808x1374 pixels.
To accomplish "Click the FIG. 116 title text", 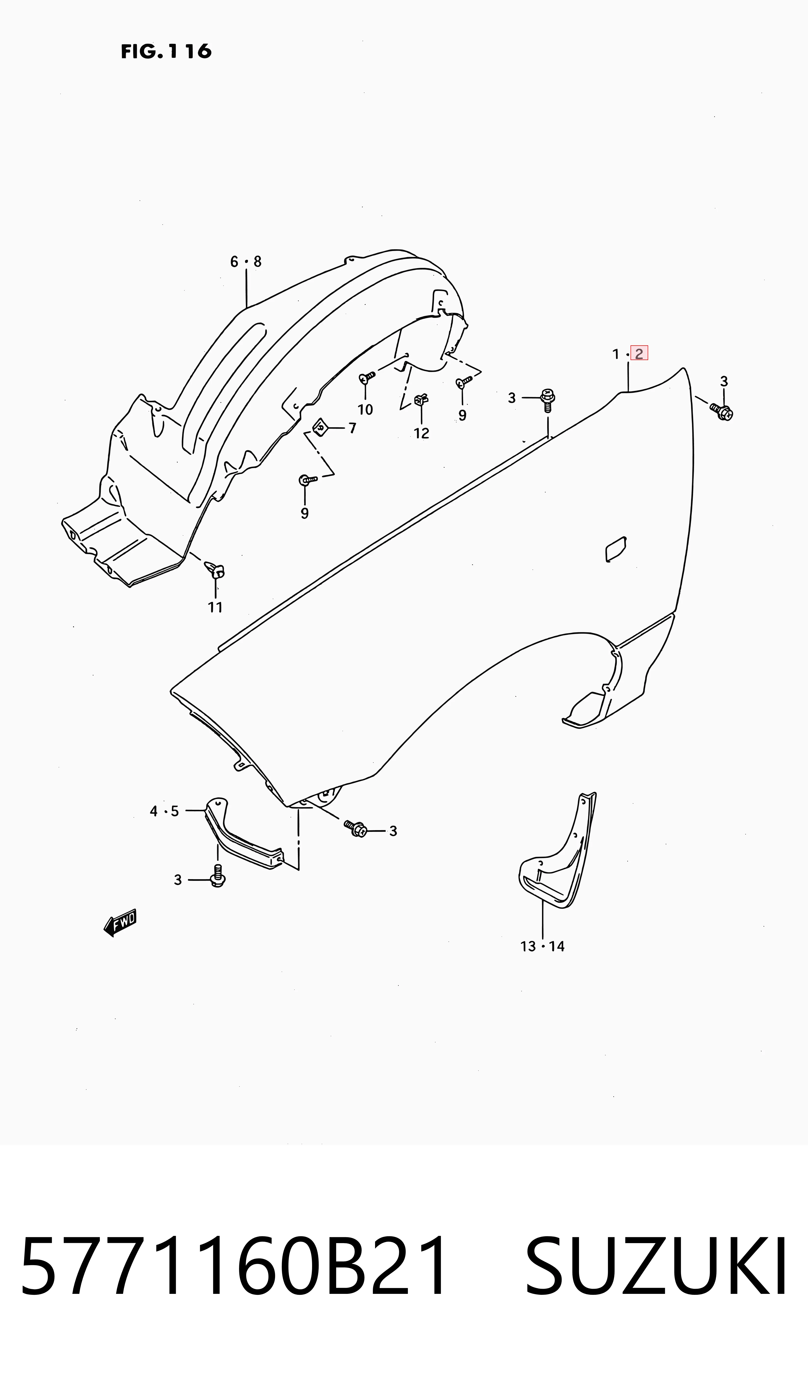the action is tap(166, 51).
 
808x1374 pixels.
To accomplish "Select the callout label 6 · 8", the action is tap(246, 262).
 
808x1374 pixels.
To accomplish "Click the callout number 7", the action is tap(353, 428).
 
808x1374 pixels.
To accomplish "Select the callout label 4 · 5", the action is tap(164, 811).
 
